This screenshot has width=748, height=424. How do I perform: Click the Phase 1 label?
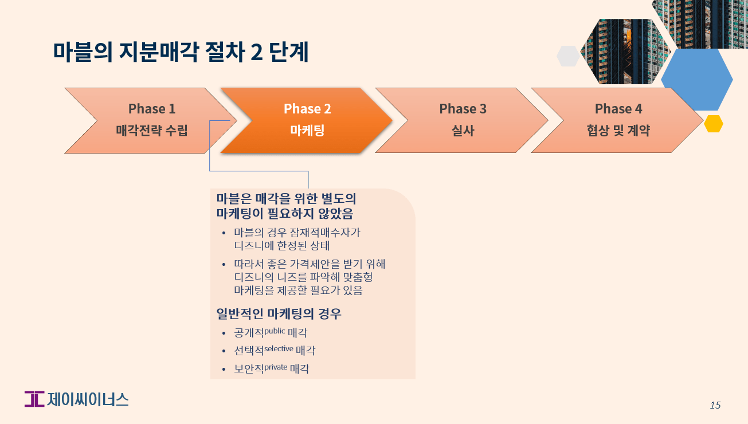click(x=151, y=109)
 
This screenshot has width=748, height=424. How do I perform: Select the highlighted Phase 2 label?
click(x=307, y=109)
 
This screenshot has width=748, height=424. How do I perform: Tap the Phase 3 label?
click(x=463, y=109)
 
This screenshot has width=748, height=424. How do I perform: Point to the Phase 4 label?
click(x=618, y=109)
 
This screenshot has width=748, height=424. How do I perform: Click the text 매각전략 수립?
click(x=151, y=131)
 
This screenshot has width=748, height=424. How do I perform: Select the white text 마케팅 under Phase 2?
click(x=307, y=131)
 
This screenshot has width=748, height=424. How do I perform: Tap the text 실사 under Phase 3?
click(x=463, y=131)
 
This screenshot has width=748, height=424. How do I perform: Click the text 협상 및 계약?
click(x=618, y=131)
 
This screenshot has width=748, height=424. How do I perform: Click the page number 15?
click(x=715, y=405)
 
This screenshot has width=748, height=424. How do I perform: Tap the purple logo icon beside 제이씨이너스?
click(x=34, y=399)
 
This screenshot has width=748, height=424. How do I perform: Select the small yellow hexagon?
click(x=713, y=124)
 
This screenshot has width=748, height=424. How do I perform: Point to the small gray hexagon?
click(x=568, y=56)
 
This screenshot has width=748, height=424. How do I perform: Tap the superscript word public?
click(x=275, y=331)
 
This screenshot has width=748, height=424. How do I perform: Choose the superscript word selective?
click(x=279, y=348)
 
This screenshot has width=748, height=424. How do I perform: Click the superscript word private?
click(x=276, y=366)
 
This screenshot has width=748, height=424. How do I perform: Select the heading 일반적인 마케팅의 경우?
click(x=279, y=314)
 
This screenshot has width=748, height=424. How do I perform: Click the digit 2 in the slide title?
click(x=257, y=52)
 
